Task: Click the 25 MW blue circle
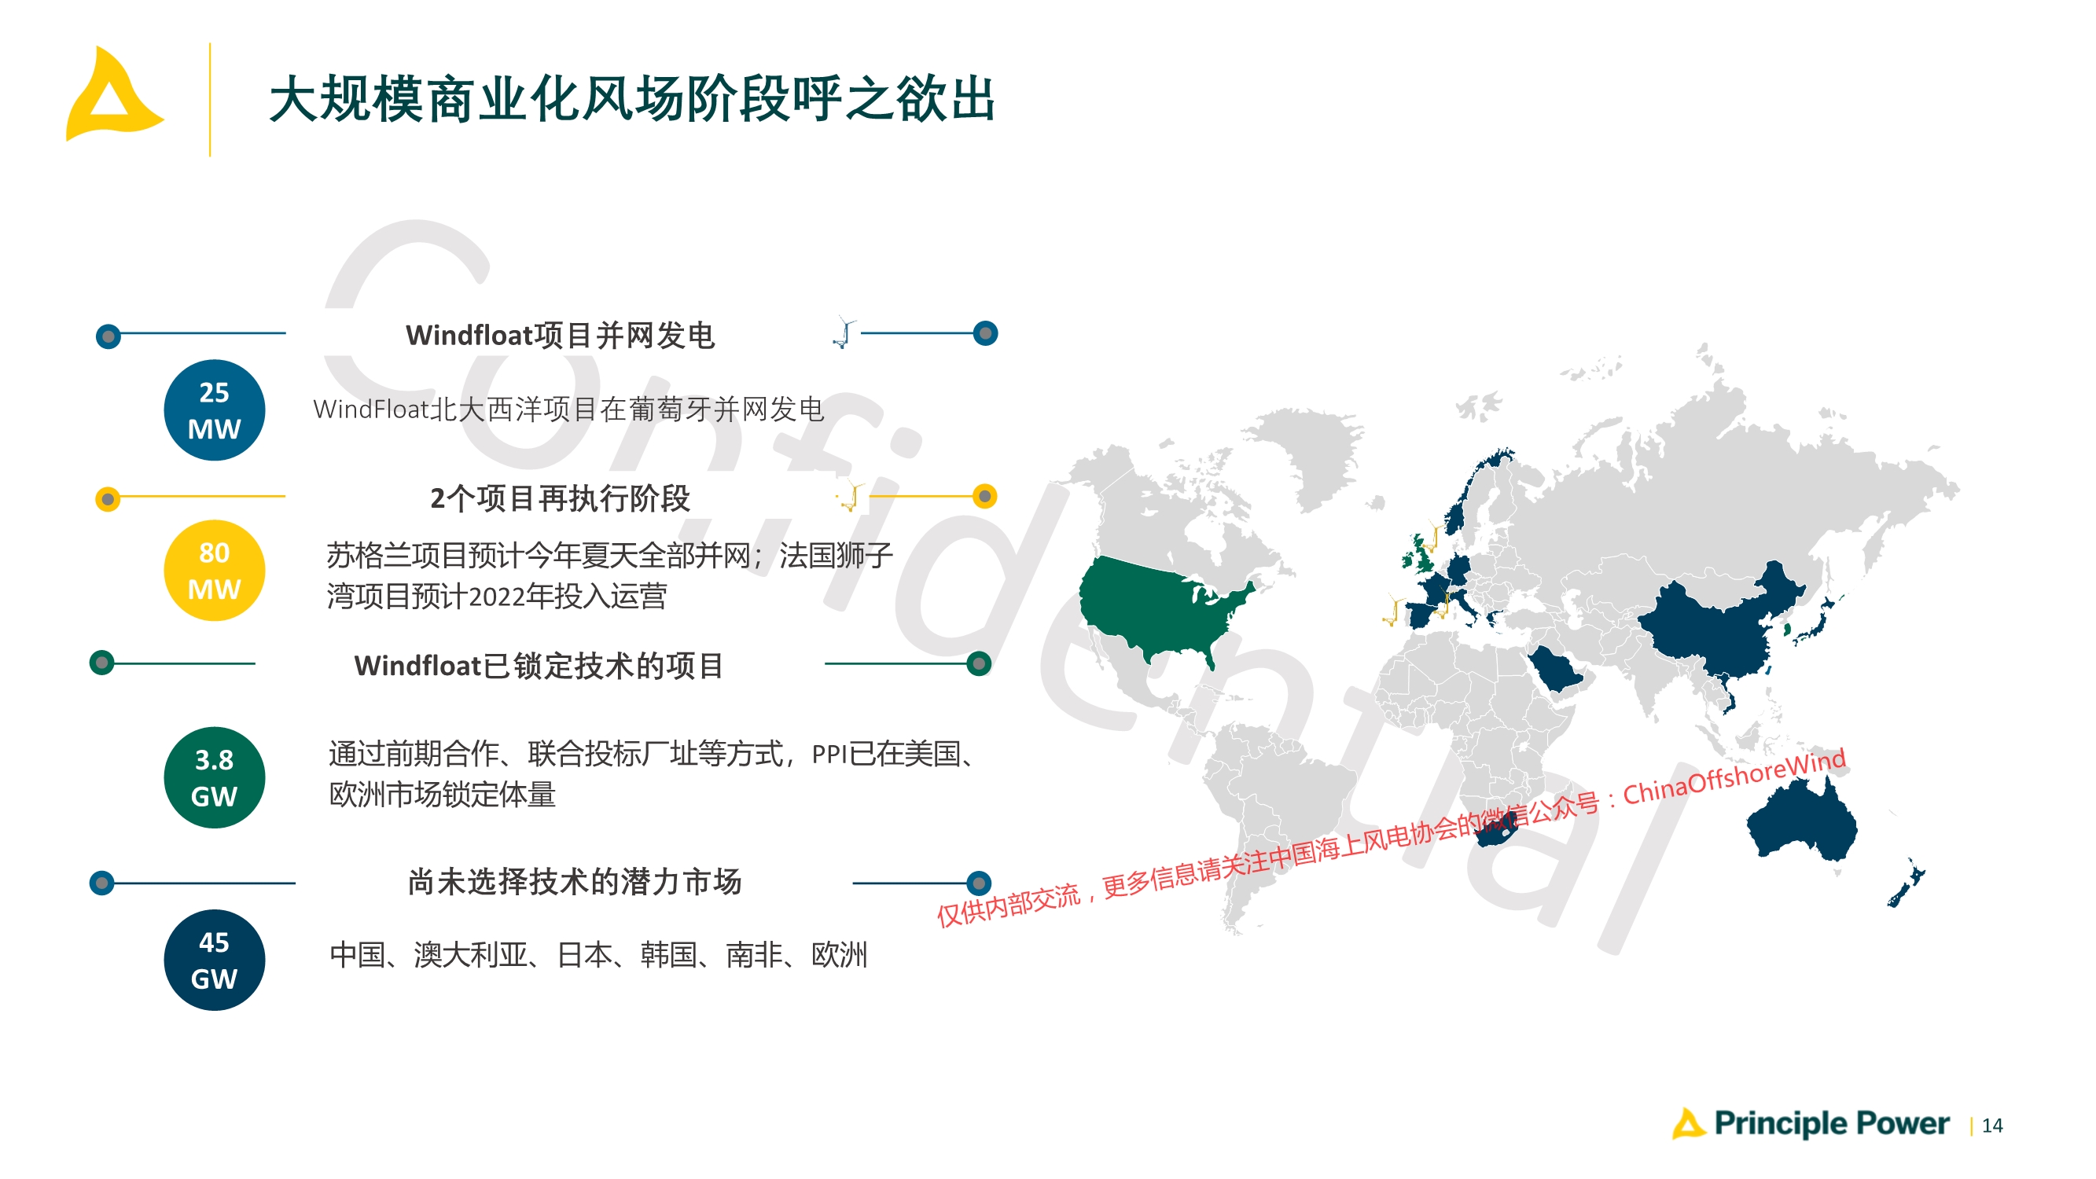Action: point(214,410)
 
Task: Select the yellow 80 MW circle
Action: point(214,571)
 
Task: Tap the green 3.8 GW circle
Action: point(214,777)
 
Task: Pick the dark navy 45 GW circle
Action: point(214,960)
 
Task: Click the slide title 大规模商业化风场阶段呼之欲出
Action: point(632,99)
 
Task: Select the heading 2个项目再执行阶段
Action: point(560,498)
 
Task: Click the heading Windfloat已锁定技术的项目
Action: point(539,666)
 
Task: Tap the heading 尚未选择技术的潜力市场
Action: point(575,881)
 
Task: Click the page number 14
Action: point(1992,1126)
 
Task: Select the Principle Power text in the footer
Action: point(1831,1124)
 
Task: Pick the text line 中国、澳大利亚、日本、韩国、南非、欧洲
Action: point(599,954)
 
